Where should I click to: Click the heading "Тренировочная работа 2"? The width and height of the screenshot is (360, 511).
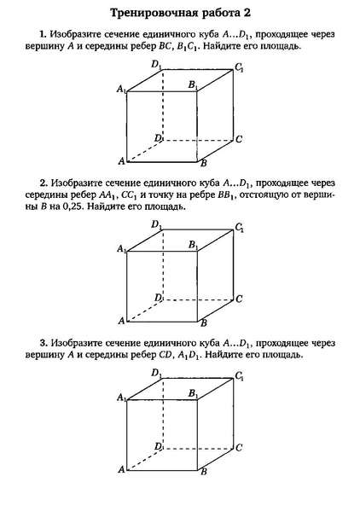(179, 14)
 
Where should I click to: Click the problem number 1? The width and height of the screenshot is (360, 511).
(42, 33)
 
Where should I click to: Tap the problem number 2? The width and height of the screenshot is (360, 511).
(42, 183)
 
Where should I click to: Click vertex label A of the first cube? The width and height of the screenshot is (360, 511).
(121, 161)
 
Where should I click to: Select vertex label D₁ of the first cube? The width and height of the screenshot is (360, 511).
(157, 65)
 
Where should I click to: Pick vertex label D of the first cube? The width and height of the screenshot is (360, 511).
(157, 137)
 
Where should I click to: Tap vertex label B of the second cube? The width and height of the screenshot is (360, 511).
(203, 325)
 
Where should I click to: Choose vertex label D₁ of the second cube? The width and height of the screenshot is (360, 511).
(157, 224)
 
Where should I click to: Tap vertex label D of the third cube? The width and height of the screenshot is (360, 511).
(157, 446)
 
